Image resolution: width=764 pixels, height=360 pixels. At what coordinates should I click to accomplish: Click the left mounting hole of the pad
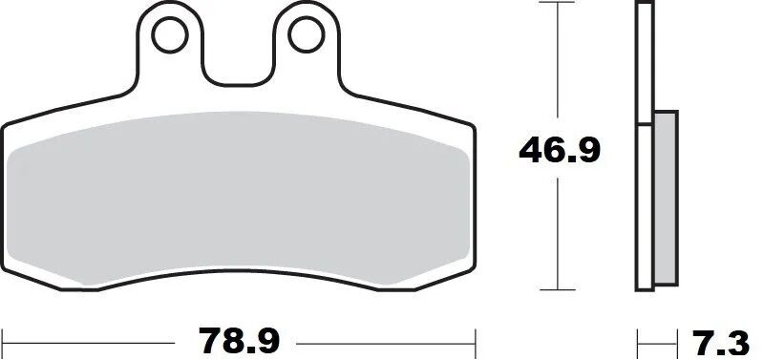coord(171,35)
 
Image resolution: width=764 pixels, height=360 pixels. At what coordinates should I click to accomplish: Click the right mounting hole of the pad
coord(305,35)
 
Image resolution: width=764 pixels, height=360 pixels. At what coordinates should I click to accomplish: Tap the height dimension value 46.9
coord(559,150)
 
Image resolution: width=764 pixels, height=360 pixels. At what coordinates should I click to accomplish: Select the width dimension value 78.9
coord(239,339)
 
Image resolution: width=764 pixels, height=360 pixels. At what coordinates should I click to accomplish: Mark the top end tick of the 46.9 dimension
coord(557,4)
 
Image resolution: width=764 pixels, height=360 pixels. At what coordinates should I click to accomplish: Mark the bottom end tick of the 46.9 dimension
coord(557,289)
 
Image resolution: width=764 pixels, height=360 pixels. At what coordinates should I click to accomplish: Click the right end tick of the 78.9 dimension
coord(476,339)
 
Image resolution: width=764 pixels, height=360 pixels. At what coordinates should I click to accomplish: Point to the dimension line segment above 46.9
coord(557,67)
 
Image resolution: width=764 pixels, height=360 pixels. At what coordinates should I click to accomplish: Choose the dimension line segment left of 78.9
coord(95,339)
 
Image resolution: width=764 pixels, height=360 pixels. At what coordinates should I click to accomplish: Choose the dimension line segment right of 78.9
coord(382,339)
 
